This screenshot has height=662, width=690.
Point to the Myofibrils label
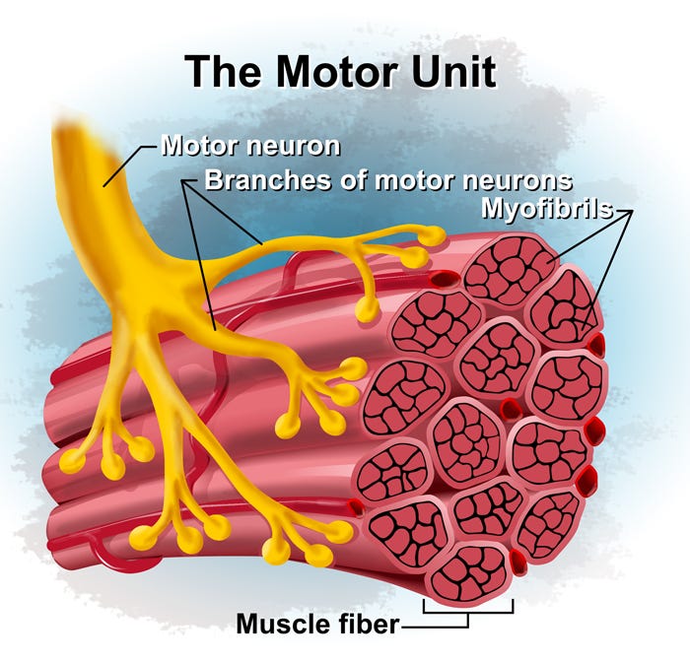pyautogui.click(x=545, y=209)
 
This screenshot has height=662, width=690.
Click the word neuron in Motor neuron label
pyautogui.click(x=295, y=147)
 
